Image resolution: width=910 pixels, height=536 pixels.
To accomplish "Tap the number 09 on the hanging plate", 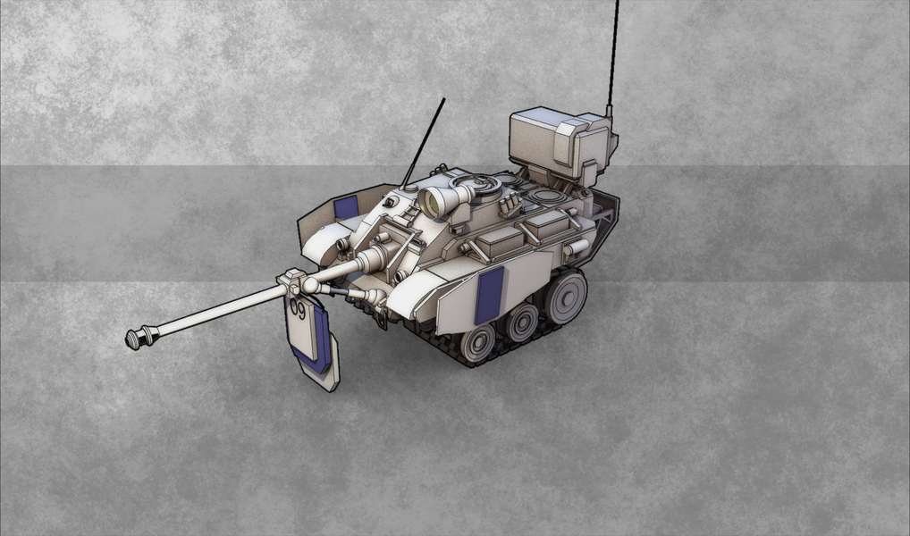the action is click(x=298, y=308).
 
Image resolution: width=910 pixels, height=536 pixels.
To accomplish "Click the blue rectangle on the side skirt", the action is click(x=489, y=296).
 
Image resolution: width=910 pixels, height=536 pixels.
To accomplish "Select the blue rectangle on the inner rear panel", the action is click(x=346, y=207).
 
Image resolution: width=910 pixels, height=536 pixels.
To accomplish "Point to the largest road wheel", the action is click(x=565, y=297).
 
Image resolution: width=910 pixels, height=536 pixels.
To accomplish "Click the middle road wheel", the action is click(x=521, y=322).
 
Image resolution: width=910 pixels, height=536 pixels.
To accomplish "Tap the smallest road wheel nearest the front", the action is click(x=477, y=343).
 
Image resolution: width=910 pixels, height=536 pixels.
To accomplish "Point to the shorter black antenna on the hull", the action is click(x=423, y=143).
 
